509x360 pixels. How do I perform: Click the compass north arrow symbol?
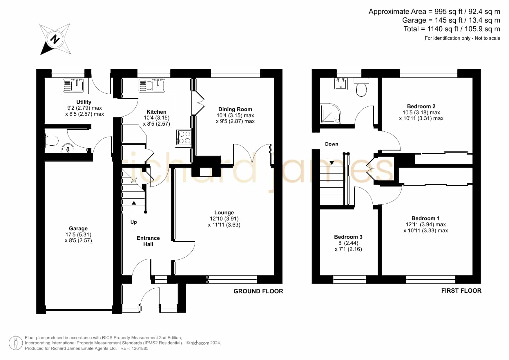[x=55, y=39]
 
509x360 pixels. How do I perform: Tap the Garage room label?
[x=78, y=229]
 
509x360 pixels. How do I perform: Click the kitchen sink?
[x=151, y=85]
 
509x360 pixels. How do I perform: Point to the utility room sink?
[x=73, y=85]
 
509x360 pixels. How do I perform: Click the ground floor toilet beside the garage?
[x=52, y=141]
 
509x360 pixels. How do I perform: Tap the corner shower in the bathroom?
[x=331, y=114]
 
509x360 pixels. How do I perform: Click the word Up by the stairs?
[x=133, y=222]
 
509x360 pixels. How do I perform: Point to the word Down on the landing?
[x=332, y=144]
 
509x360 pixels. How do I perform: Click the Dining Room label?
[x=235, y=109]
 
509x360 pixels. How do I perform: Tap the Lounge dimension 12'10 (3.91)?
[x=224, y=219]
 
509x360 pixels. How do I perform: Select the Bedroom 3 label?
[x=348, y=237]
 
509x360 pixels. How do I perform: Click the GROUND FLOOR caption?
[x=258, y=291]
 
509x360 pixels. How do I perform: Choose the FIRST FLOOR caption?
[x=461, y=291]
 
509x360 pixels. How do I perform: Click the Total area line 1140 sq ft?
[x=452, y=29]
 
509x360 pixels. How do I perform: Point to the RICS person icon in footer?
[x=16, y=343]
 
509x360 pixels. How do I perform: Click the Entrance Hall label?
[x=148, y=241]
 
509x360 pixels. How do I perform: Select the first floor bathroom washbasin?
[x=340, y=84]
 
